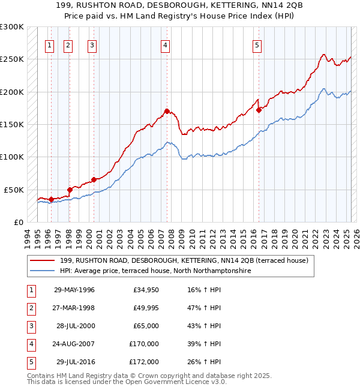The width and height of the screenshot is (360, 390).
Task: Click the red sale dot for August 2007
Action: tap(167, 111)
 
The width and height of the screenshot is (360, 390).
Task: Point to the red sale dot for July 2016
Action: tap(259, 110)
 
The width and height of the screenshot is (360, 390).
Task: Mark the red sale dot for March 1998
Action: tap(70, 190)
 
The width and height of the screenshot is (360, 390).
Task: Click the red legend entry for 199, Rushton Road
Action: tap(184, 260)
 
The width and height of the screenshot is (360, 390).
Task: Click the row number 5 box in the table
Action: tap(31, 362)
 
